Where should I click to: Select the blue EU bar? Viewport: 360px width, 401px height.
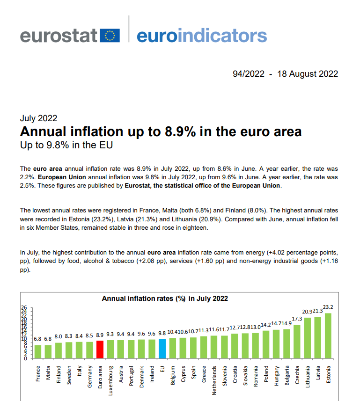(x=162, y=349)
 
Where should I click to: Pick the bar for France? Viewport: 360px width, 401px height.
(x=38, y=352)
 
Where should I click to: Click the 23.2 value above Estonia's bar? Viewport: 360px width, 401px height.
(x=328, y=307)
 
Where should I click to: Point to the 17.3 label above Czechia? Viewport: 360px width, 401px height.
(x=297, y=319)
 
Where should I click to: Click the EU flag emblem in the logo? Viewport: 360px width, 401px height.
(x=110, y=36)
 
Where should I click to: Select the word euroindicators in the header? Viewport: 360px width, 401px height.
(x=202, y=35)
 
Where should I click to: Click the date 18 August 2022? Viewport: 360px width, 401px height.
(x=308, y=74)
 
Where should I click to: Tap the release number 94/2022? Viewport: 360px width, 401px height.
(x=249, y=74)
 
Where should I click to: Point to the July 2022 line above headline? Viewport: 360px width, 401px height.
(x=38, y=118)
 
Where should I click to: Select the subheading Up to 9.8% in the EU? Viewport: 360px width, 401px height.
(x=66, y=145)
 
